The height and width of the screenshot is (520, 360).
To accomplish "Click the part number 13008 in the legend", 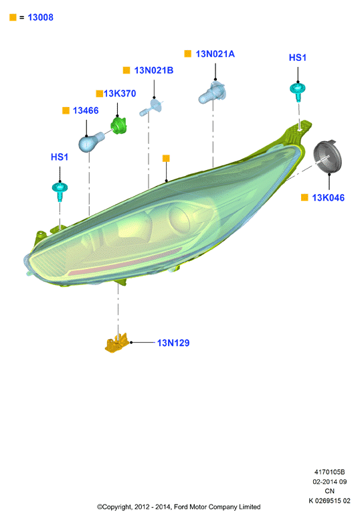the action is point(40,17).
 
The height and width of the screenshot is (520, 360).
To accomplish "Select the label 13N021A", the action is point(215,54).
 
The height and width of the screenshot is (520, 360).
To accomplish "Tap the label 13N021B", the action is point(154,70).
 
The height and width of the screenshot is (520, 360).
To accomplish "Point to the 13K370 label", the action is point(120,94).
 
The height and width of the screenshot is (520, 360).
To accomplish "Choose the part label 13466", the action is point(86,110).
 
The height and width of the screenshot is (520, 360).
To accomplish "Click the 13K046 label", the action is point(328,197).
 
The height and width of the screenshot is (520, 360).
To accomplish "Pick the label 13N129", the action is point(173,343).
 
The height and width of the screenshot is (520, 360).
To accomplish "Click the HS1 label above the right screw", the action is point(298,58).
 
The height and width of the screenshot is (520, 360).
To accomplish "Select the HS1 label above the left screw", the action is point(60,157).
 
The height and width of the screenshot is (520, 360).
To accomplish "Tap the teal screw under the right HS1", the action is point(297,90).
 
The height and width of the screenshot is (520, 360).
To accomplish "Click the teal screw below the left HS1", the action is point(60,191).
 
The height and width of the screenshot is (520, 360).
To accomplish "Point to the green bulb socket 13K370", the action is point(118,125).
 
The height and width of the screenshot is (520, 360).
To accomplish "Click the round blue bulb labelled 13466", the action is point(90,142).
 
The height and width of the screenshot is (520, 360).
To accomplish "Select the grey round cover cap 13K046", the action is point(327,157).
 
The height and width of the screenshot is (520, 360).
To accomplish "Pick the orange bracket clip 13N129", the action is point(117,343).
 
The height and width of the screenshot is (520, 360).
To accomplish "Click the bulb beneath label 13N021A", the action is point(213,92).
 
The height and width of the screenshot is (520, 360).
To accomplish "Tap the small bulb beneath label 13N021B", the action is point(152,108).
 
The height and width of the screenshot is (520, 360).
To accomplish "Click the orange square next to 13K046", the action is point(304,197).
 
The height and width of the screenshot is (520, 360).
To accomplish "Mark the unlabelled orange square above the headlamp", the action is point(166,158).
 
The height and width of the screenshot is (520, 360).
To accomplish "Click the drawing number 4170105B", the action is point(329,472).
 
